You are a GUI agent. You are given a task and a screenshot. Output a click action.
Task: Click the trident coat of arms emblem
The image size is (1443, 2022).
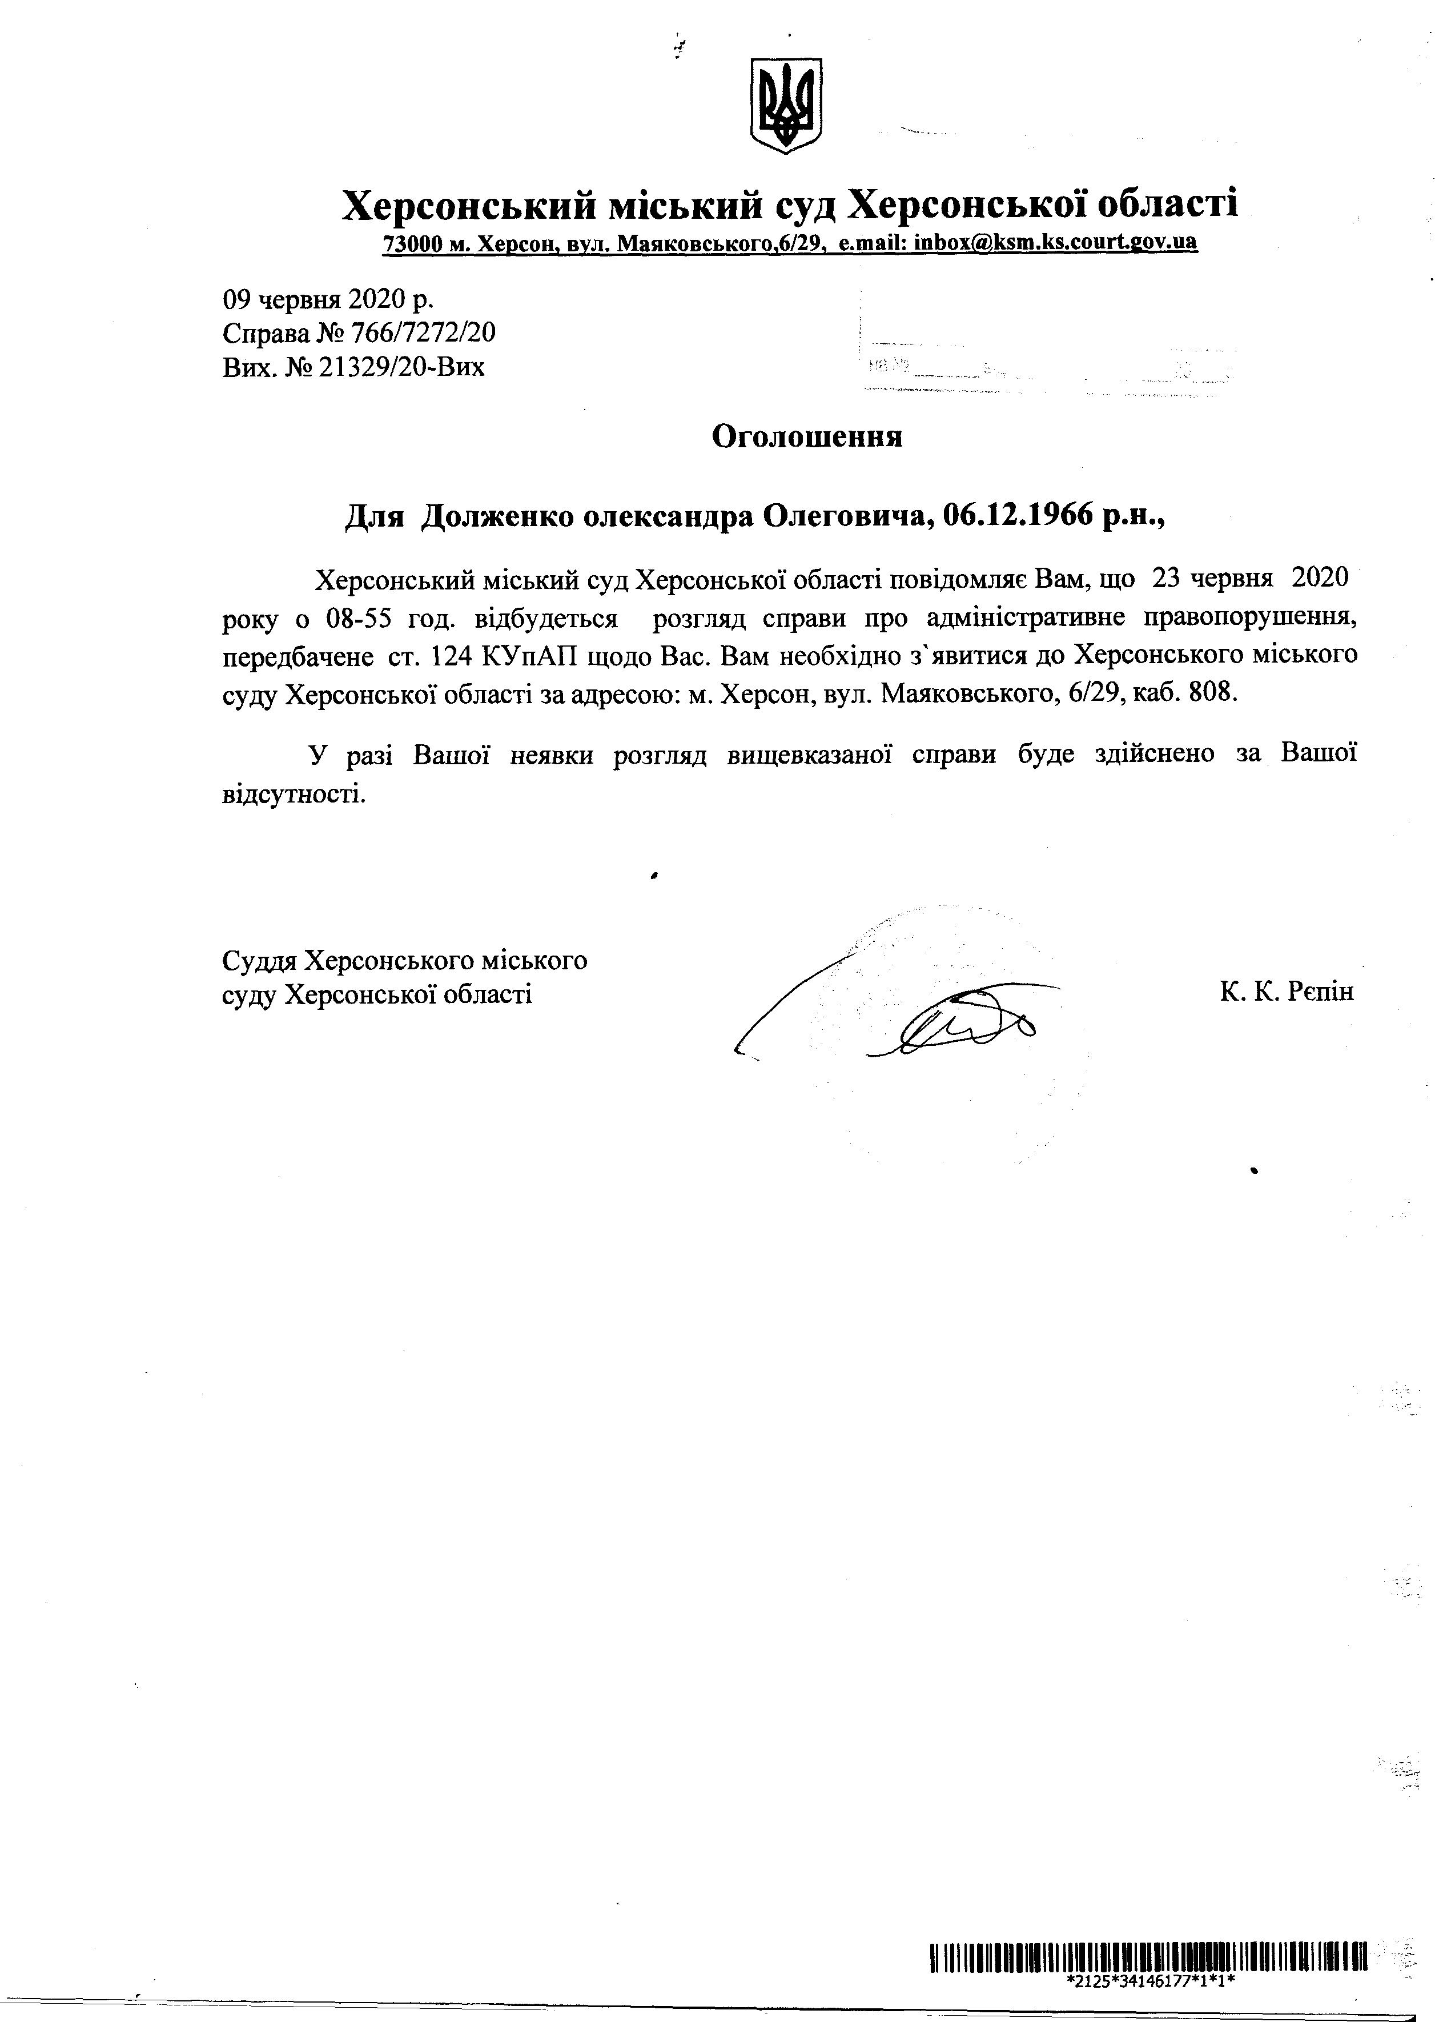(786, 105)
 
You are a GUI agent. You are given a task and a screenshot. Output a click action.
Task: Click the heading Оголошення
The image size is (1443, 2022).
(807, 436)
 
